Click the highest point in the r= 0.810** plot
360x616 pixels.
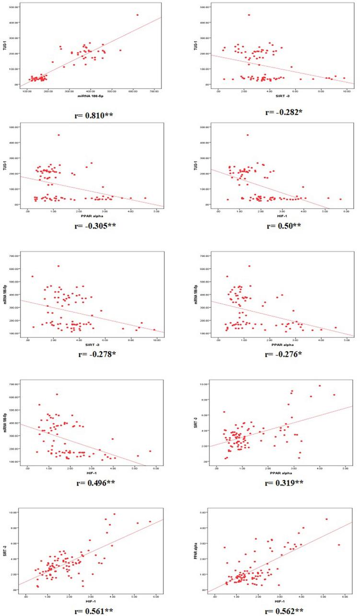[137, 15]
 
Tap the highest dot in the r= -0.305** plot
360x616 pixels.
[58, 135]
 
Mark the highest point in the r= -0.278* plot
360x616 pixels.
[58, 266]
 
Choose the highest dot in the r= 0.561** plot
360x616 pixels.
[115, 514]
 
